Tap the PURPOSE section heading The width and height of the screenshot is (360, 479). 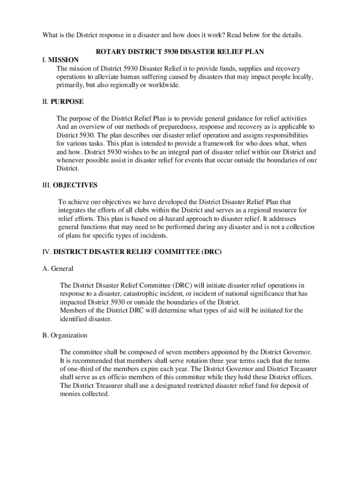pos(67,102)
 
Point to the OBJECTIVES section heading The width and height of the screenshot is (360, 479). pos(75,185)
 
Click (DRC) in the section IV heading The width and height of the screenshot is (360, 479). pos(211,252)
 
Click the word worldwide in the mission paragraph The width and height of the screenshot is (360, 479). pos(163,85)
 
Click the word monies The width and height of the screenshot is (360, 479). pos(71,394)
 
